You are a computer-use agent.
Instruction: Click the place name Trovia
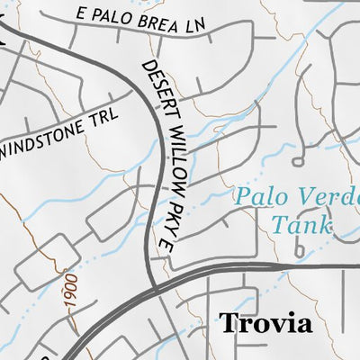[265, 323]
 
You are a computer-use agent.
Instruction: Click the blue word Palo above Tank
[257, 196]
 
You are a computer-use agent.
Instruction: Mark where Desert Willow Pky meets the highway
[155, 289]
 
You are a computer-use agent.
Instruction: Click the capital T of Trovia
[227, 323]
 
